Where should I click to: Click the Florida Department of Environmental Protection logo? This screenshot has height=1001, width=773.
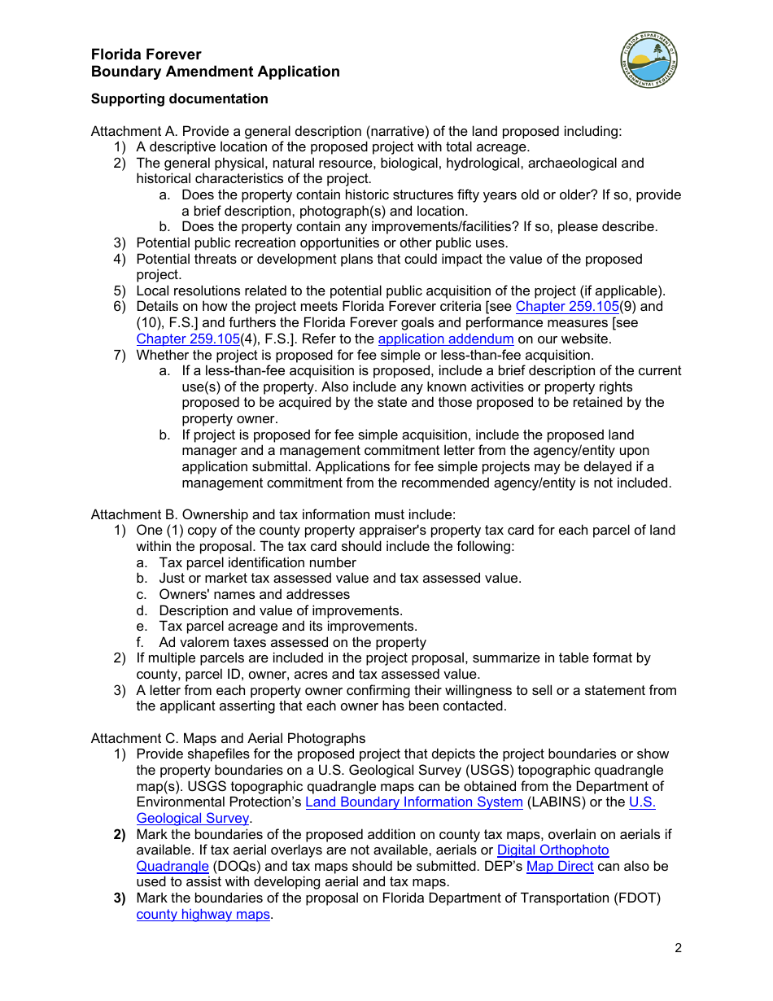coord(649,62)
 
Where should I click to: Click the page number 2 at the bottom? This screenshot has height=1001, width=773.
coord(678,948)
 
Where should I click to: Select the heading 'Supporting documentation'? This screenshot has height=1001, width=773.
coord(179,98)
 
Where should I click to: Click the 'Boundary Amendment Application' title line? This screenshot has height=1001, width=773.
coord(215,72)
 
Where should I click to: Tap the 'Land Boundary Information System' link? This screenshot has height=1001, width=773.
coord(413,802)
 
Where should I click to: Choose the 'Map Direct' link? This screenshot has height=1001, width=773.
coord(559,866)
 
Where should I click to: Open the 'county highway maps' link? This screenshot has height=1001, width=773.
coord(203,914)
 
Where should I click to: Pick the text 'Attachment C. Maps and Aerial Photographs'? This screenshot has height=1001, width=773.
coord(228,738)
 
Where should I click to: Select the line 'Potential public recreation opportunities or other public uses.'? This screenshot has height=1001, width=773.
coord(321,243)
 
